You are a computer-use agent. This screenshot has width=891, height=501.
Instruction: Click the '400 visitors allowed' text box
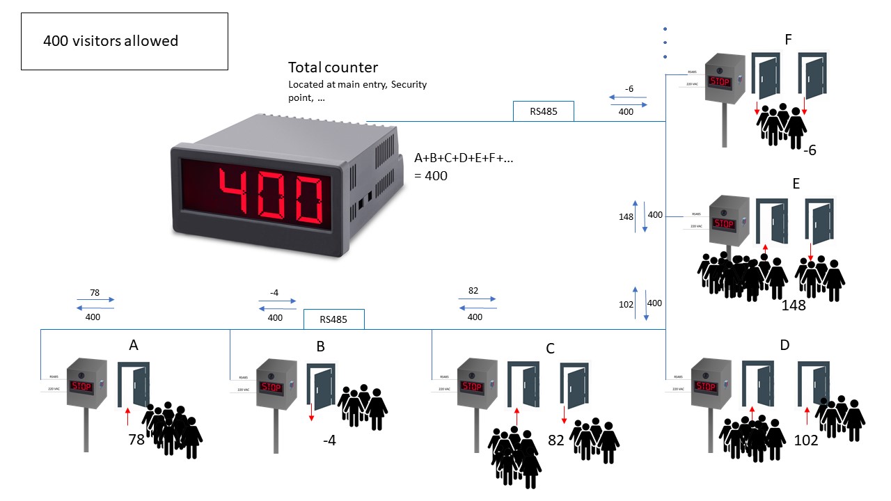coord(125,41)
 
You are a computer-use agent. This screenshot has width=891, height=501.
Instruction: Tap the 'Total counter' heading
coord(333,67)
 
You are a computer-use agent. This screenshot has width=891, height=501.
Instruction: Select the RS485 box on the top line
coord(544,111)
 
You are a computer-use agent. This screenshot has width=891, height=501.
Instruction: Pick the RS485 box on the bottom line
coord(334,319)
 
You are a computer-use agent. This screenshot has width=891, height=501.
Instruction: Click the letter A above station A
coord(134,345)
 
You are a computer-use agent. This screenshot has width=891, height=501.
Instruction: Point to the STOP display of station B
coord(271,387)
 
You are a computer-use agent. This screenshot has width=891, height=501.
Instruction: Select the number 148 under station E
coord(793,305)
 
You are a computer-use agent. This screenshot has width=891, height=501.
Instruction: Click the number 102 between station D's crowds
coord(806,440)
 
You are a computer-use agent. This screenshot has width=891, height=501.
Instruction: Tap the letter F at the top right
coord(788,40)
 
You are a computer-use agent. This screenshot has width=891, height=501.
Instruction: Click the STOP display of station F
coord(721,81)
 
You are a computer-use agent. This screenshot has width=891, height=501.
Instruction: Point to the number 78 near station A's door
coord(136,440)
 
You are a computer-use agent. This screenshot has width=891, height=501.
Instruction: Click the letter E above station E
coord(795,184)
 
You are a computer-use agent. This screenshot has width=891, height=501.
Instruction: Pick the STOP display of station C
coord(471,386)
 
